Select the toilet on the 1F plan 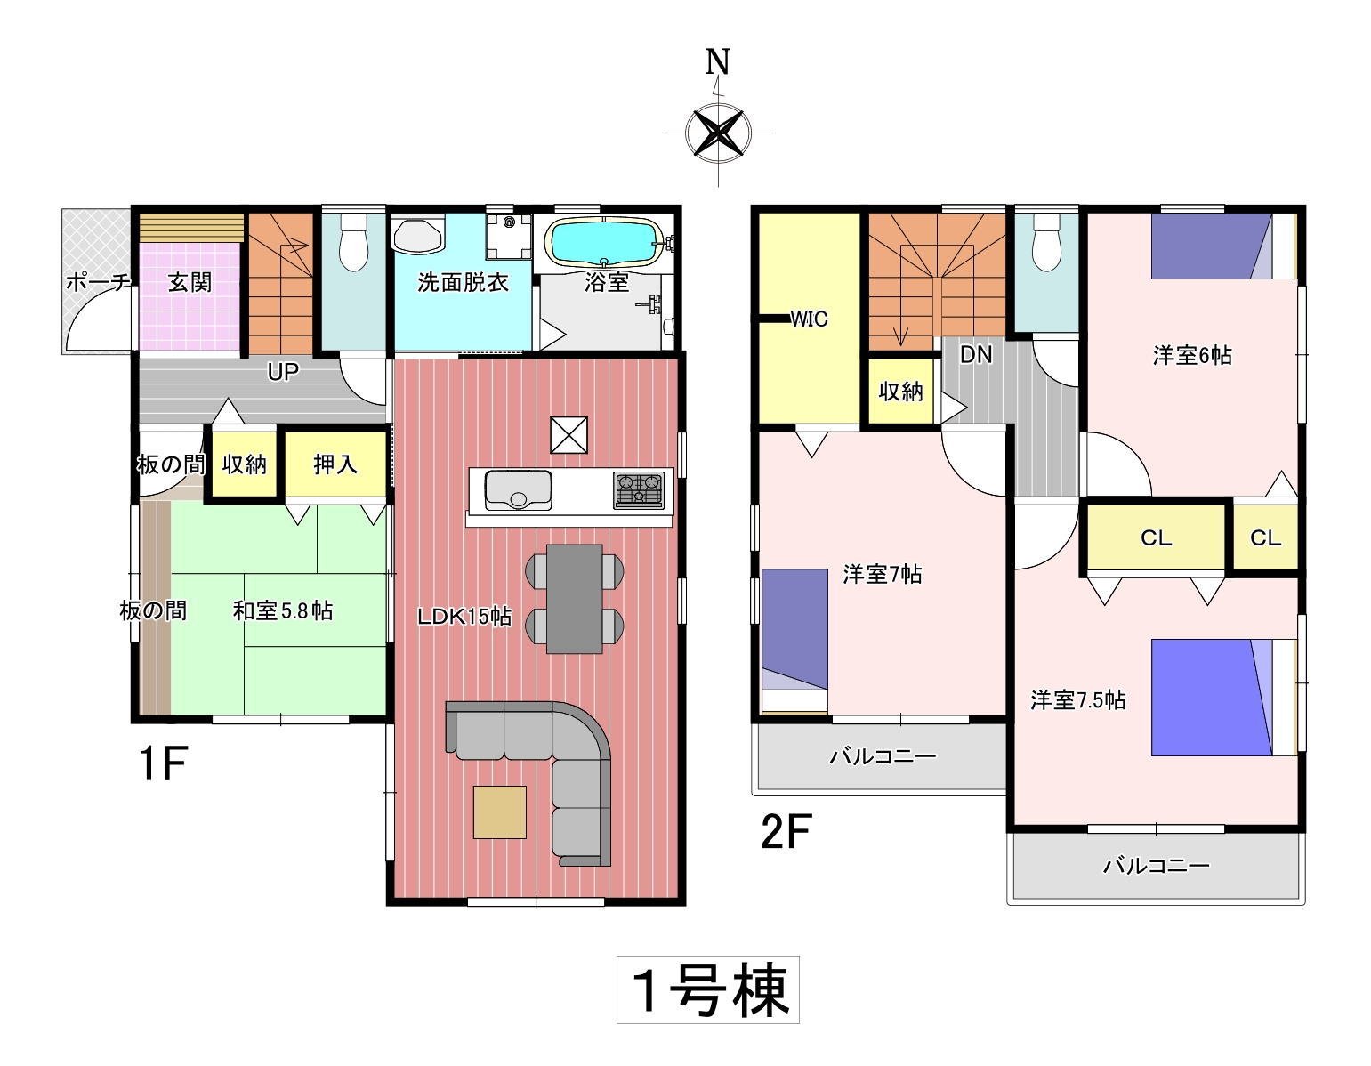point(354,242)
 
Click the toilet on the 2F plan point(1046,242)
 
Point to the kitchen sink point(518,491)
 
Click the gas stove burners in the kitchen point(639,490)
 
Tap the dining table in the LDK point(574,599)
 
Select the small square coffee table point(500,812)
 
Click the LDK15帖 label point(464,617)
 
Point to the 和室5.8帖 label point(283,610)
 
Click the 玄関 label point(190,283)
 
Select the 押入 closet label point(335,464)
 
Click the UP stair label point(283,372)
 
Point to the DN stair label point(975,354)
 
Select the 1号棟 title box point(708,989)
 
